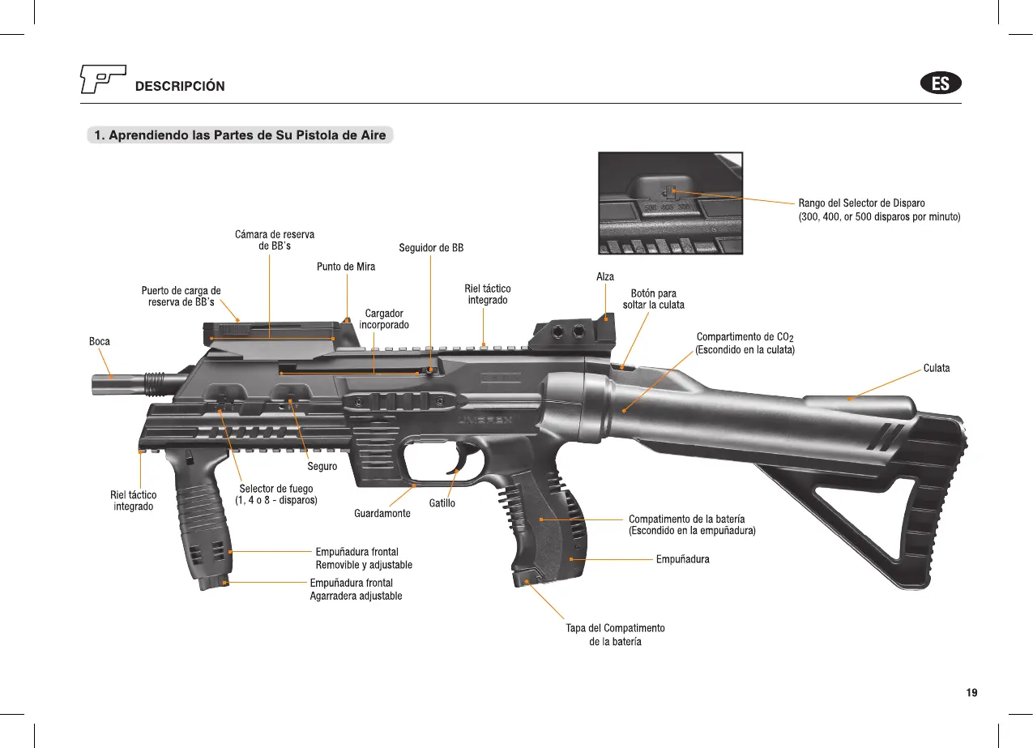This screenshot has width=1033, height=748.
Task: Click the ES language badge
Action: coord(941,83)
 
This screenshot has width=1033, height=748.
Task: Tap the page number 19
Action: coord(971,693)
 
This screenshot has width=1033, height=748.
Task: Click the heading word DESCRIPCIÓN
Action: coord(180,87)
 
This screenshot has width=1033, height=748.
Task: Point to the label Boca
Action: coord(99,342)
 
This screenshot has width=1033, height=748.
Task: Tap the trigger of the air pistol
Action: coord(458,460)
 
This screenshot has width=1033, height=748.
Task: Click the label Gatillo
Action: coord(442,503)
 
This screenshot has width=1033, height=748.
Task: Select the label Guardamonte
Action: coord(382,514)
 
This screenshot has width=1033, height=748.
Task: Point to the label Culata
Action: coord(937,369)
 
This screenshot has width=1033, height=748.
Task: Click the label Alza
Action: coord(605,277)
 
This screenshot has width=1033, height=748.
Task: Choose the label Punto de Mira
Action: coord(346,267)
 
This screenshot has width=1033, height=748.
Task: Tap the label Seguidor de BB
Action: coord(431,248)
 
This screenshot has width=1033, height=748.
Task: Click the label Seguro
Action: coord(322,467)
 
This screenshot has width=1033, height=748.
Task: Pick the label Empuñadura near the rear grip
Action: coord(682,559)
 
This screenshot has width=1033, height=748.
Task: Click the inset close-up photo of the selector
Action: coord(670,203)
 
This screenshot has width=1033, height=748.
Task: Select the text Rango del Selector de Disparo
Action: coord(861,203)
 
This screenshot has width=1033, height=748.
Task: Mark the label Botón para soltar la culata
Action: coord(653,299)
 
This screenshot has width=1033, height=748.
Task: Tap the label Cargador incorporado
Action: coord(384,318)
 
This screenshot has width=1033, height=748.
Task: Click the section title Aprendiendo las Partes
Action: coord(240,135)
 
